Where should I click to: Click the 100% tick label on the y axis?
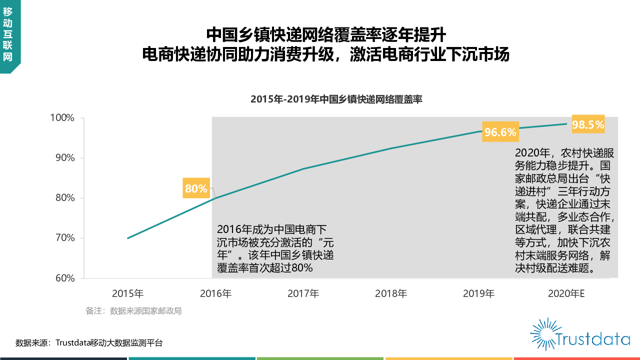click(x=62, y=118)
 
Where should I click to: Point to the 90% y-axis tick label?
click(x=64, y=158)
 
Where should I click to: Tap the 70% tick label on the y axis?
click(x=64, y=238)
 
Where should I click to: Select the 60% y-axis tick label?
click(x=64, y=278)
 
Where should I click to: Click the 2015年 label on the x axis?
click(x=128, y=293)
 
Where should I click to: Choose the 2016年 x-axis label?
click(x=215, y=293)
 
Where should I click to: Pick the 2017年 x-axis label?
click(x=303, y=293)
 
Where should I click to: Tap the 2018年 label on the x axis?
click(x=391, y=293)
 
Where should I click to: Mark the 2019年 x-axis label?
click(x=478, y=293)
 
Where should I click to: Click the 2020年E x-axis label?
click(x=566, y=293)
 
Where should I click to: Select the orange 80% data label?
click(x=196, y=188)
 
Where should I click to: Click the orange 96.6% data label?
click(x=500, y=132)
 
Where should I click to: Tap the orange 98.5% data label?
click(x=588, y=125)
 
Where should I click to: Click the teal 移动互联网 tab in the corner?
click(x=8, y=35)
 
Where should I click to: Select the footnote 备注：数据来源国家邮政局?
click(x=133, y=311)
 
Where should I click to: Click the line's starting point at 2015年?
click(x=128, y=238)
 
